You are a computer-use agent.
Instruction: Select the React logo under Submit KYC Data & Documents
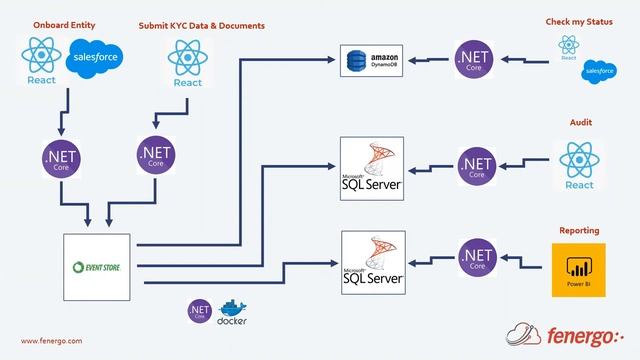pyautogui.click(x=188, y=63)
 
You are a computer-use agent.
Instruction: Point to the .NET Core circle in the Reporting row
pyautogui.click(x=477, y=258)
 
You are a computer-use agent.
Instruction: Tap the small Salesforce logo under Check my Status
pyautogui.click(x=599, y=70)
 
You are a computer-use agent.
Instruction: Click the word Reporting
pyautogui.click(x=580, y=229)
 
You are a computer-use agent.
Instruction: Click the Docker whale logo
pyautogui.click(x=231, y=311)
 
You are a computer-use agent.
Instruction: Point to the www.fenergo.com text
pyautogui.click(x=52, y=340)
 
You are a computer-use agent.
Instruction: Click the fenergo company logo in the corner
pyautogui.click(x=570, y=332)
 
